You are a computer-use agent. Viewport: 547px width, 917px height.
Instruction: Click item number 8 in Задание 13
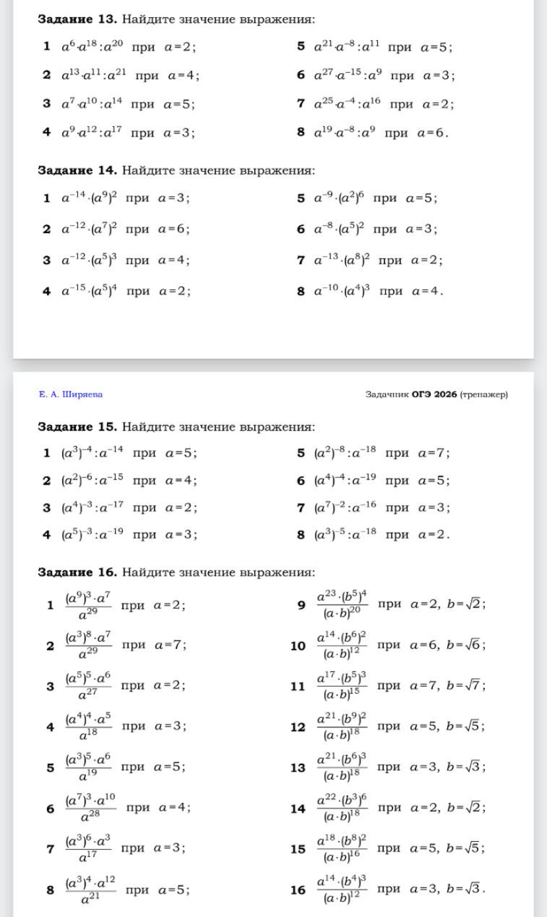(x=301, y=131)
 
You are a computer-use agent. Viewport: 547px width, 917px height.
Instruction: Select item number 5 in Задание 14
(x=301, y=198)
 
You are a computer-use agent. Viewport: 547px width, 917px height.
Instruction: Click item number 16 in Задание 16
(x=298, y=889)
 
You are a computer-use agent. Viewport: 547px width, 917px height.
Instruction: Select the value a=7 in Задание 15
(x=433, y=454)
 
